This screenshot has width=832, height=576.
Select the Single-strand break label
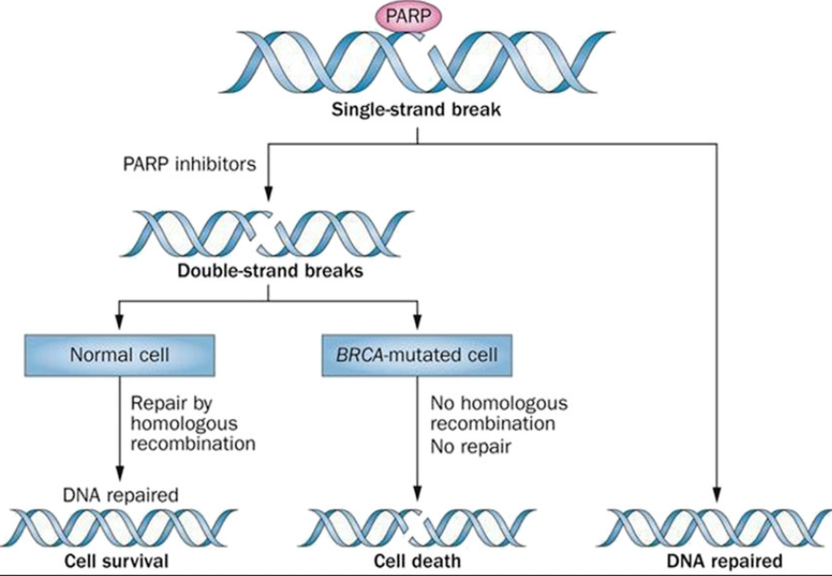[x=416, y=111]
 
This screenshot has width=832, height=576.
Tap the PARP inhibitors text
[x=189, y=164]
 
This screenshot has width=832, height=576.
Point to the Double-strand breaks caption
[x=270, y=270]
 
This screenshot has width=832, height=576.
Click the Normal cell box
[x=120, y=355]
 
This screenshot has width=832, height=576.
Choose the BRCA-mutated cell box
[x=417, y=355]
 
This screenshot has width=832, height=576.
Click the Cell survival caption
[x=116, y=561]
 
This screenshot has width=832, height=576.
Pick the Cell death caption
[x=418, y=561]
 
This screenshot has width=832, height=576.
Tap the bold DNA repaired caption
[x=724, y=561]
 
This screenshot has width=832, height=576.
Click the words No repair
[x=470, y=447]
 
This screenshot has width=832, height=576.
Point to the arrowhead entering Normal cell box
[x=120, y=322]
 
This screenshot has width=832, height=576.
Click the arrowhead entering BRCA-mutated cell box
[x=417, y=322]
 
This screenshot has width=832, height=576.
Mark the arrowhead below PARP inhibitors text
[x=268, y=193]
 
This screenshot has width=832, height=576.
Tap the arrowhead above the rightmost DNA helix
[x=717, y=495]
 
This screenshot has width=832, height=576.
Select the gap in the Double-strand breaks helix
[x=268, y=232]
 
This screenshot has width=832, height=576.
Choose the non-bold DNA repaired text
[x=121, y=495]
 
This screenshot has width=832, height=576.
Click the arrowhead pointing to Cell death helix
[x=417, y=495]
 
